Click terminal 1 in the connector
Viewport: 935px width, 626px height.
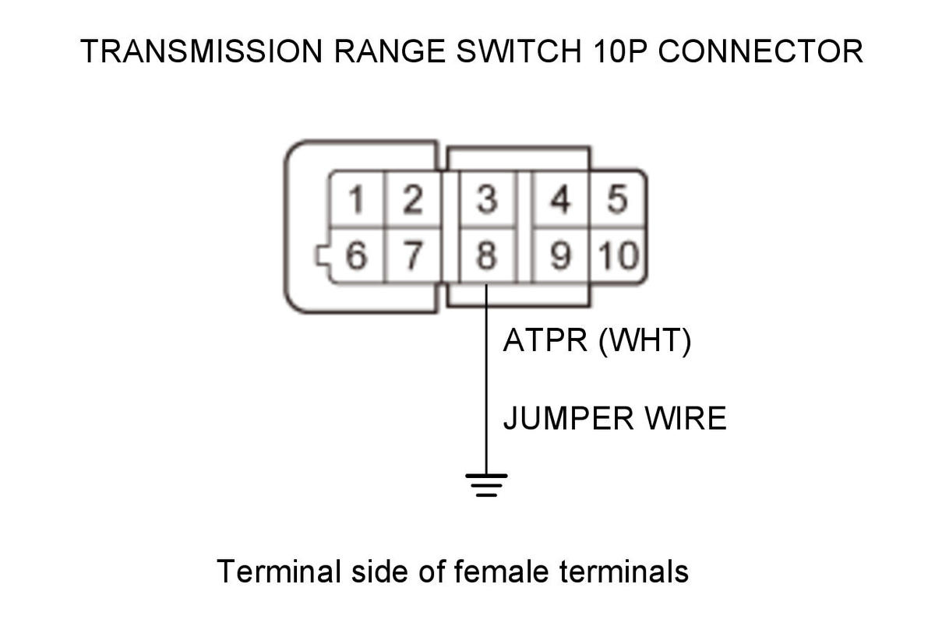(x=357, y=199)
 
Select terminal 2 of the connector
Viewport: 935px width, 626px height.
(x=413, y=199)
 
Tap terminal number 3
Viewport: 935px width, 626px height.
(x=487, y=199)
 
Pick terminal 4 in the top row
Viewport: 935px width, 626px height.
(x=560, y=199)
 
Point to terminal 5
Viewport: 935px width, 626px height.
(x=617, y=199)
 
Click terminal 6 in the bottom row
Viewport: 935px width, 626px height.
(x=357, y=255)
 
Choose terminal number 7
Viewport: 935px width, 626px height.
(x=413, y=255)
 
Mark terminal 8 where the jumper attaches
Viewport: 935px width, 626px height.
(x=487, y=255)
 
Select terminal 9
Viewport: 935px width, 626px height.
(x=560, y=255)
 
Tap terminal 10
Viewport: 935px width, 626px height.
(x=618, y=255)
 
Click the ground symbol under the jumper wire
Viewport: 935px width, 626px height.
(x=486, y=485)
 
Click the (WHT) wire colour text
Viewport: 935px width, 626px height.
(x=645, y=342)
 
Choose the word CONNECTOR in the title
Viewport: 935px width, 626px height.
(x=760, y=51)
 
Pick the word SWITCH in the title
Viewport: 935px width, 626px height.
(x=519, y=51)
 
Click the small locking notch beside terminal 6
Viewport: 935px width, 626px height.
(x=323, y=256)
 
